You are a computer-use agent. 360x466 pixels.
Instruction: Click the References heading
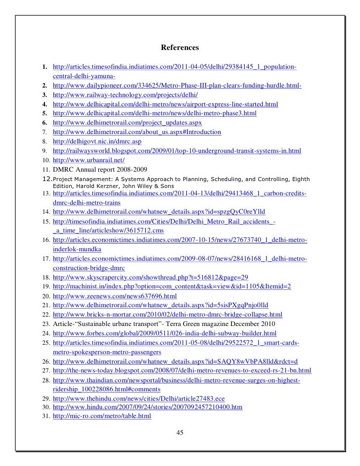180,48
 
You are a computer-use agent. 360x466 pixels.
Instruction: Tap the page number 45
180,433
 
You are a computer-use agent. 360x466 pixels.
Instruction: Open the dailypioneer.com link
177,86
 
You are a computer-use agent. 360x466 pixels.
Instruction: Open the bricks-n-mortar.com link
168,314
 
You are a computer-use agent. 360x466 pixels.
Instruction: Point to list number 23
45,324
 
